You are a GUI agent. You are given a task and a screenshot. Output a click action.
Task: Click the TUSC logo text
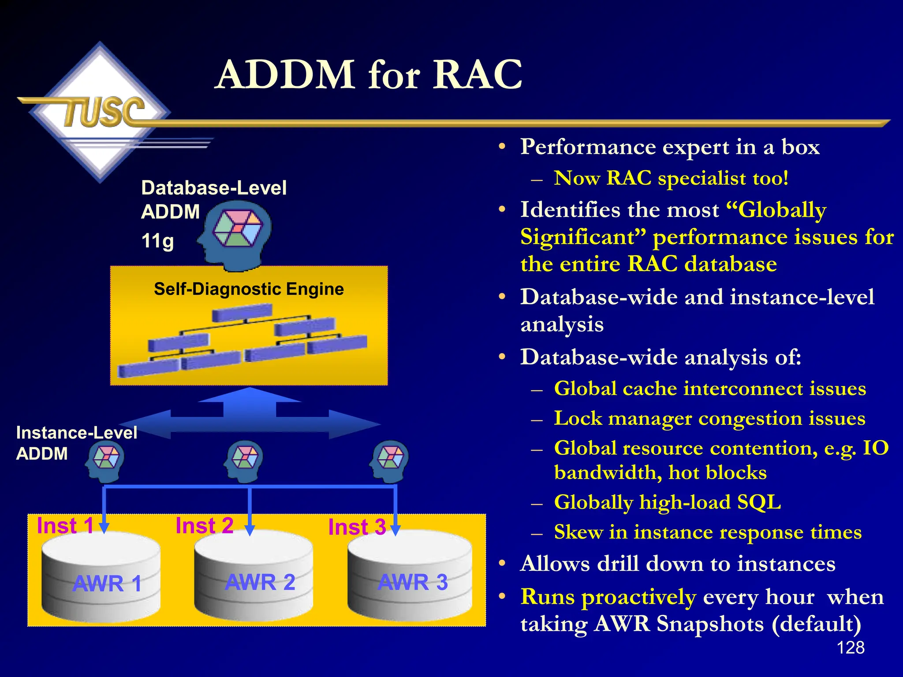click(104, 112)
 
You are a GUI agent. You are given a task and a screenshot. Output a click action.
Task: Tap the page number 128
click(850, 647)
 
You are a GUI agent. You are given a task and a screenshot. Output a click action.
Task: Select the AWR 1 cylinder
click(101, 577)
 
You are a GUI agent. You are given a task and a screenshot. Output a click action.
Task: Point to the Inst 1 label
click(65, 525)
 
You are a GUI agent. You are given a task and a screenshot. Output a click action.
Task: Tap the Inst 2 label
click(204, 525)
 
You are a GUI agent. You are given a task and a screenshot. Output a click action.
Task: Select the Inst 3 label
click(357, 527)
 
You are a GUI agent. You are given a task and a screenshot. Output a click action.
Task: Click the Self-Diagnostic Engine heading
click(249, 289)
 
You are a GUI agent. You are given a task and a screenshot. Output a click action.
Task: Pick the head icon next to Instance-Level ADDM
click(105, 461)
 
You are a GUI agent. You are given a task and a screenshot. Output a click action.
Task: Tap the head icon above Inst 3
click(389, 461)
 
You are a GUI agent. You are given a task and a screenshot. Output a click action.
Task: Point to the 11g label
click(157, 242)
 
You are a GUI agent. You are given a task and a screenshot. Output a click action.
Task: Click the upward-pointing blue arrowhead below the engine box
click(250, 395)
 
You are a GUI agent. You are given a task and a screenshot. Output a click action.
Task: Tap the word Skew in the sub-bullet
click(578, 532)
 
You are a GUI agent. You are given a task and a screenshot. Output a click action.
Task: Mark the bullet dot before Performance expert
click(502, 147)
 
